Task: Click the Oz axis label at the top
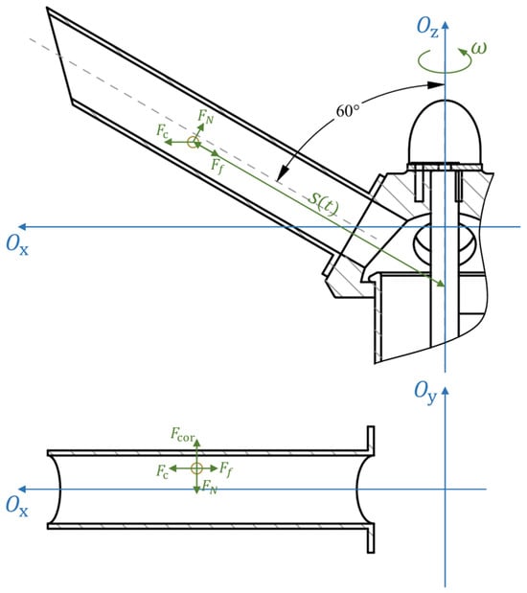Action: point(427,28)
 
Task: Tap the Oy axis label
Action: point(425,392)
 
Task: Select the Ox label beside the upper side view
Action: point(17,245)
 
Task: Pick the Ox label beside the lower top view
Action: point(17,506)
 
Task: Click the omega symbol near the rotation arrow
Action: point(478,48)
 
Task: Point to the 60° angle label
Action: point(348,111)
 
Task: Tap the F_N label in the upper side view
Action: point(206,116)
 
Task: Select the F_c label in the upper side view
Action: point(162,130)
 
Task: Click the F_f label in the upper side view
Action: point(217,166)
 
